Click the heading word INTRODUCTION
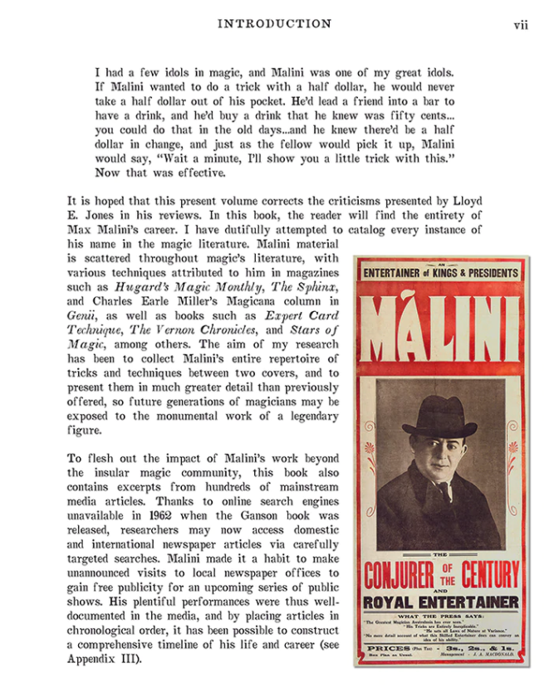coord(274,24)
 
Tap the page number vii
coord(521,25)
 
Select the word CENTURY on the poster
coord(496,574)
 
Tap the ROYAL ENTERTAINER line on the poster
coord(440,602)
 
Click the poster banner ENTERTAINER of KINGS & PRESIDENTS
coord(440,272)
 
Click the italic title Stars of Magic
coord(299,329)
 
